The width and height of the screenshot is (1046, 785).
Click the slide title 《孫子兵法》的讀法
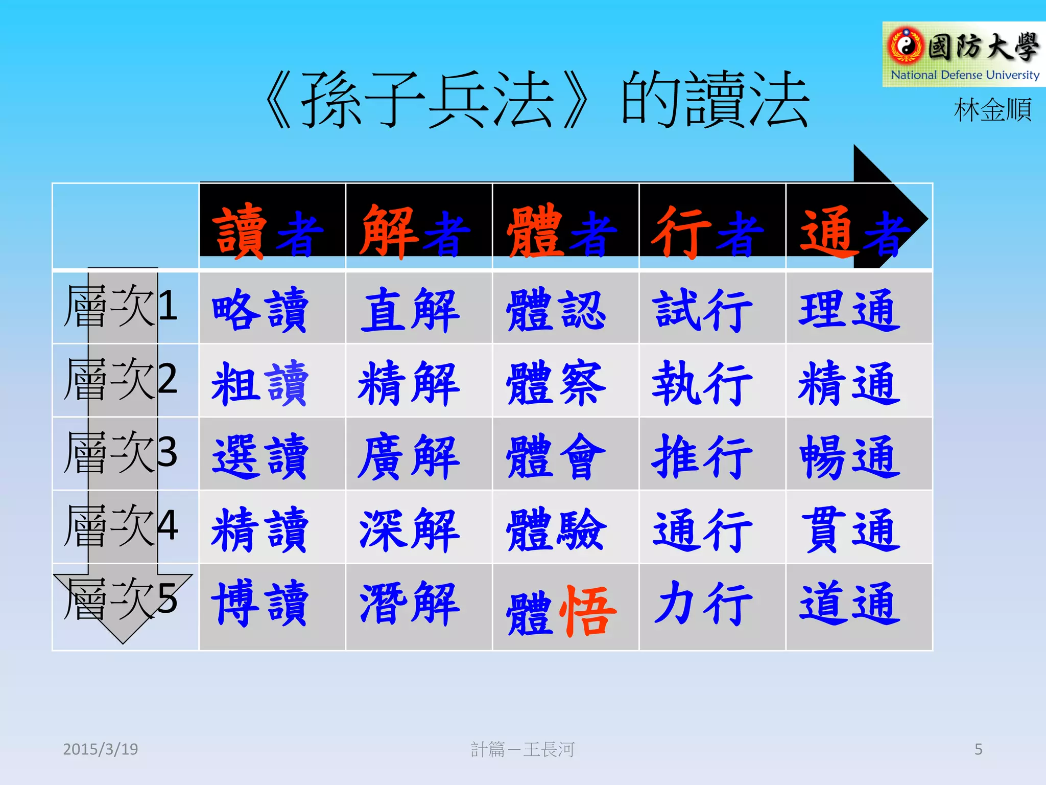click(536, 100)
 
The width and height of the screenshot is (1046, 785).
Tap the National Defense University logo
click(963, 54)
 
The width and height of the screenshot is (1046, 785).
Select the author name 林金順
click(992, 110)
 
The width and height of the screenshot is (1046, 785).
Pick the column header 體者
click(562, 231)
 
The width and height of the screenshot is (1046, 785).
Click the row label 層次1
click(121, 307)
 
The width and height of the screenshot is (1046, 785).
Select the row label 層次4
click(121, 526)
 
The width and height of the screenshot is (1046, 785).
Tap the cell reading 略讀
click(260, 309)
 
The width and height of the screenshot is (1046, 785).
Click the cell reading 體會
click(556, 456)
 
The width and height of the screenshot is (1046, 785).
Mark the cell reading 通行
click(703, 530)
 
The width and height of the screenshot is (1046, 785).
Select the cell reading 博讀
click(260, 603)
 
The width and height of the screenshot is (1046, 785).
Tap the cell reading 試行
click(703, 309)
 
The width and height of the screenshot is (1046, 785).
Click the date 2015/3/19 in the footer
click(101, 749)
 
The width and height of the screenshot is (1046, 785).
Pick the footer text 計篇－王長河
click(522, 749)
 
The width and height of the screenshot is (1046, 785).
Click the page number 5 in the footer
click(978, 749)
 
